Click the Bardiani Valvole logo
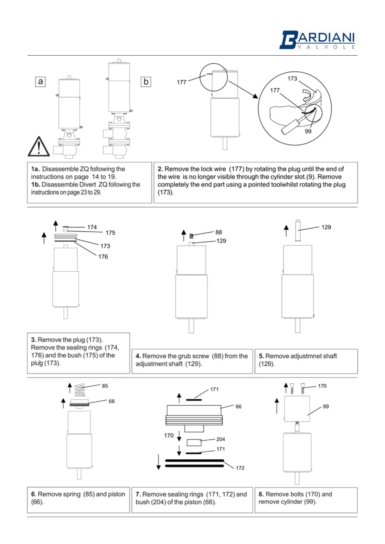pyautogui.click(x=317, y=40)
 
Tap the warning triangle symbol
pyautogui.click(x=39, y=147)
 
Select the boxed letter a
pyautogui.click(x=40, y=81)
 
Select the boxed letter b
pyautogui.click(x=146, y=82)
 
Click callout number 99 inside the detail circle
pyautogui.click(x=308, y=131)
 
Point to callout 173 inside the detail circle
pyautogui.click(x=292, y=78)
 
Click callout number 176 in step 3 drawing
pyautogui.click(x=103, y=256)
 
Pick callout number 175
pyautogui.click(x=110, y=233)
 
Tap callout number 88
pyautogui.click(x=219, y=232)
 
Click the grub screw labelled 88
pyautogui.click(x=191, y=236)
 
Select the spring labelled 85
pyautogui.click(x=80, y=390)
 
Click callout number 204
pyautogui.click(x=221, y=439)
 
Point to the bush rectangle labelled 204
pyautogui.click(x=194, y=442)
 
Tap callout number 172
pyautogui.click(x=240, y=468)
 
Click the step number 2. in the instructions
pyautogui.click(x=160, y=169)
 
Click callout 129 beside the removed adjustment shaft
pyautogui.click(x=326, y=227)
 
